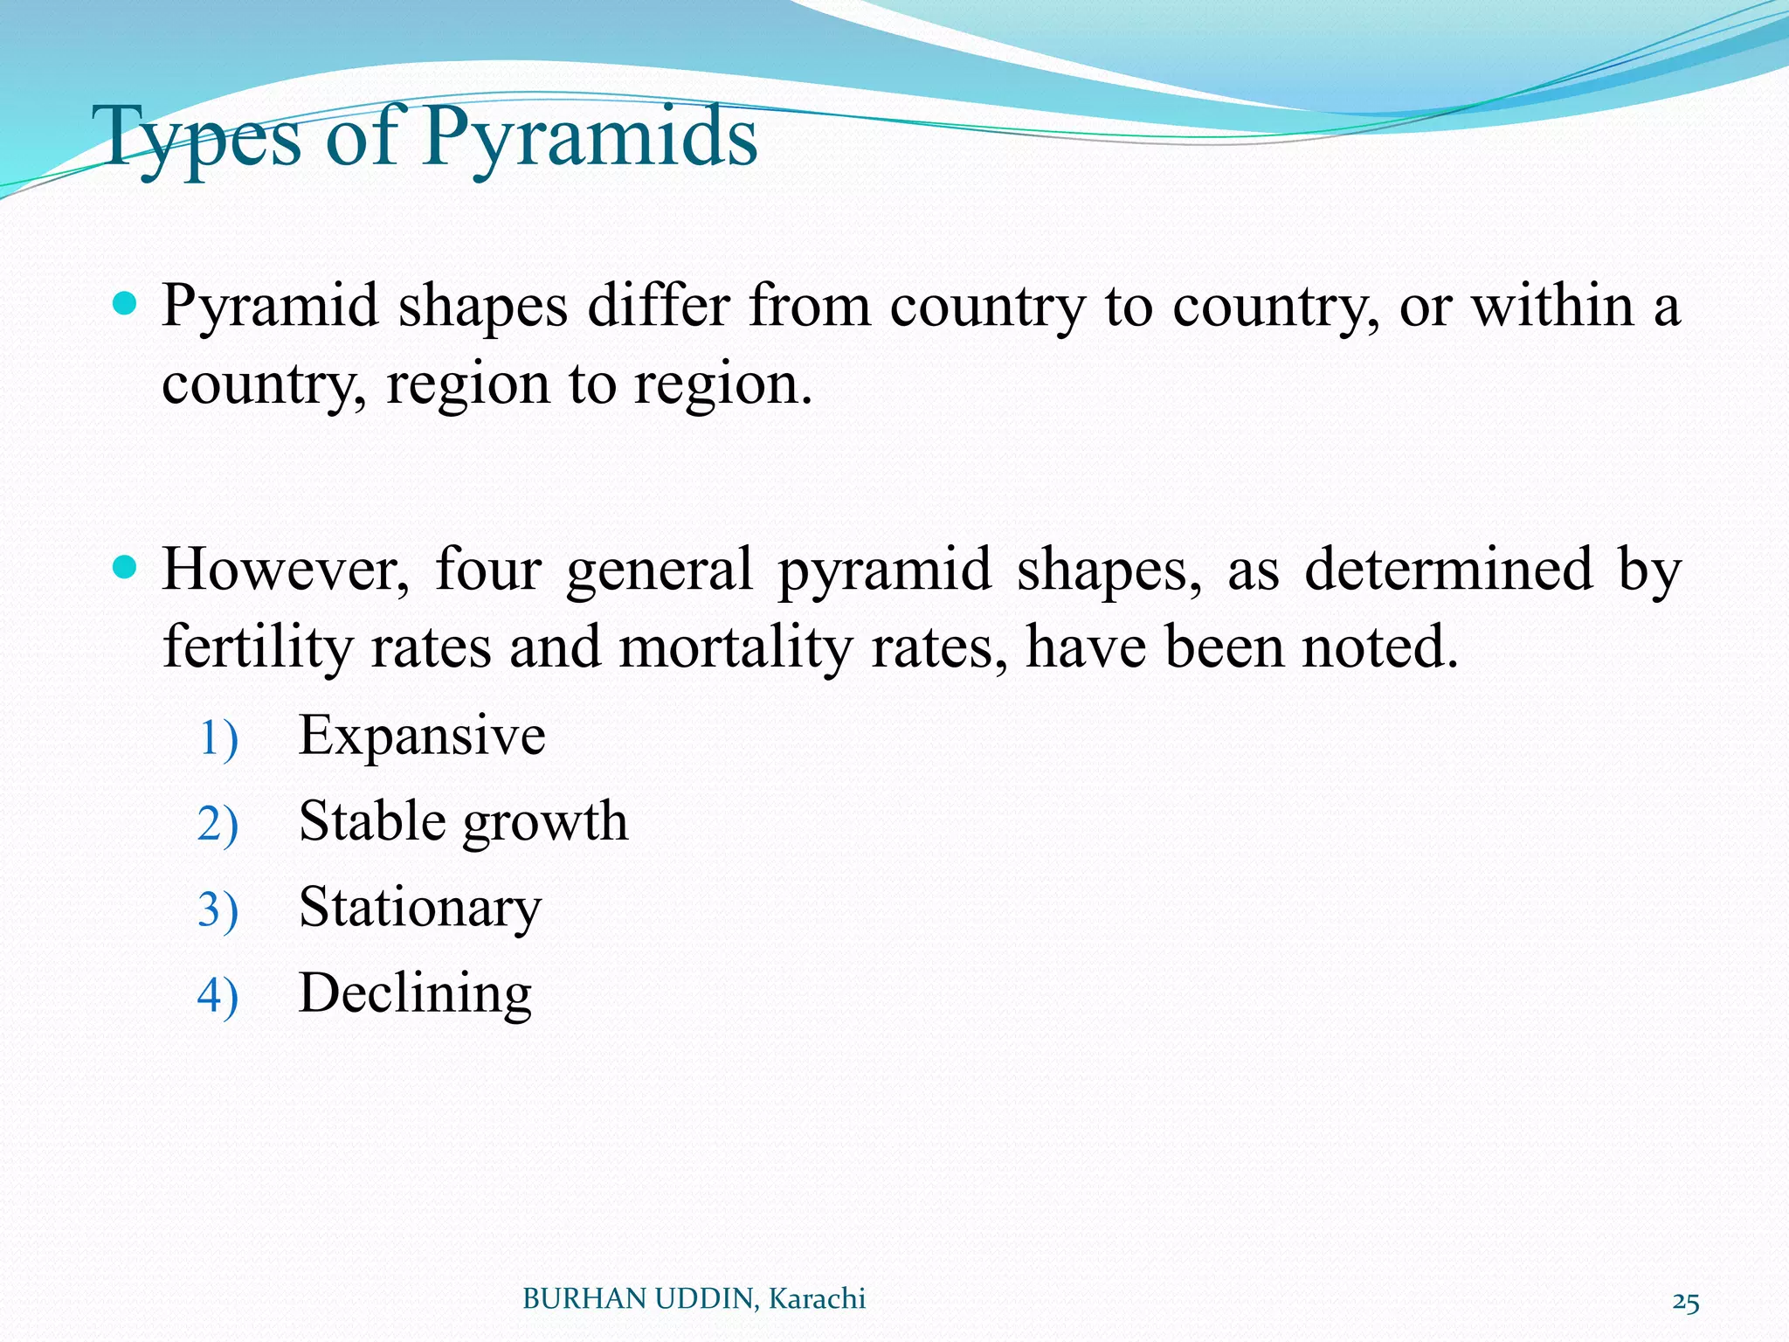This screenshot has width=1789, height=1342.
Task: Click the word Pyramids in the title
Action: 590,138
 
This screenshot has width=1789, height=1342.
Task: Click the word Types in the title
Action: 201,138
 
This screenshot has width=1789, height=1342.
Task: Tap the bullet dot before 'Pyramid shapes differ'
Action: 126,304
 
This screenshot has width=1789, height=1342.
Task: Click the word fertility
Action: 257,648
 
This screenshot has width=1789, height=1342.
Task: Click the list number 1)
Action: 218,739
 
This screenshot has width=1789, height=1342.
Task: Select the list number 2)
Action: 218,825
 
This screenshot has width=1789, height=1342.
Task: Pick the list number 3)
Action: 218,910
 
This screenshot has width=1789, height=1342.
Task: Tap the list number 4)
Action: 218,996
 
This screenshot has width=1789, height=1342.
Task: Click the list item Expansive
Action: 422,736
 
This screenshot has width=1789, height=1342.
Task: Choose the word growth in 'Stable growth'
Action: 545,823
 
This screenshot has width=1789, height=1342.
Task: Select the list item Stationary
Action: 420,909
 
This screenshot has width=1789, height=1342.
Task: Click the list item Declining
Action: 415,994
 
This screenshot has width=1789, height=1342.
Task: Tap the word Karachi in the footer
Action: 817,1299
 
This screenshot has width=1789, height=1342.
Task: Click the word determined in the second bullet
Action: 1449,570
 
